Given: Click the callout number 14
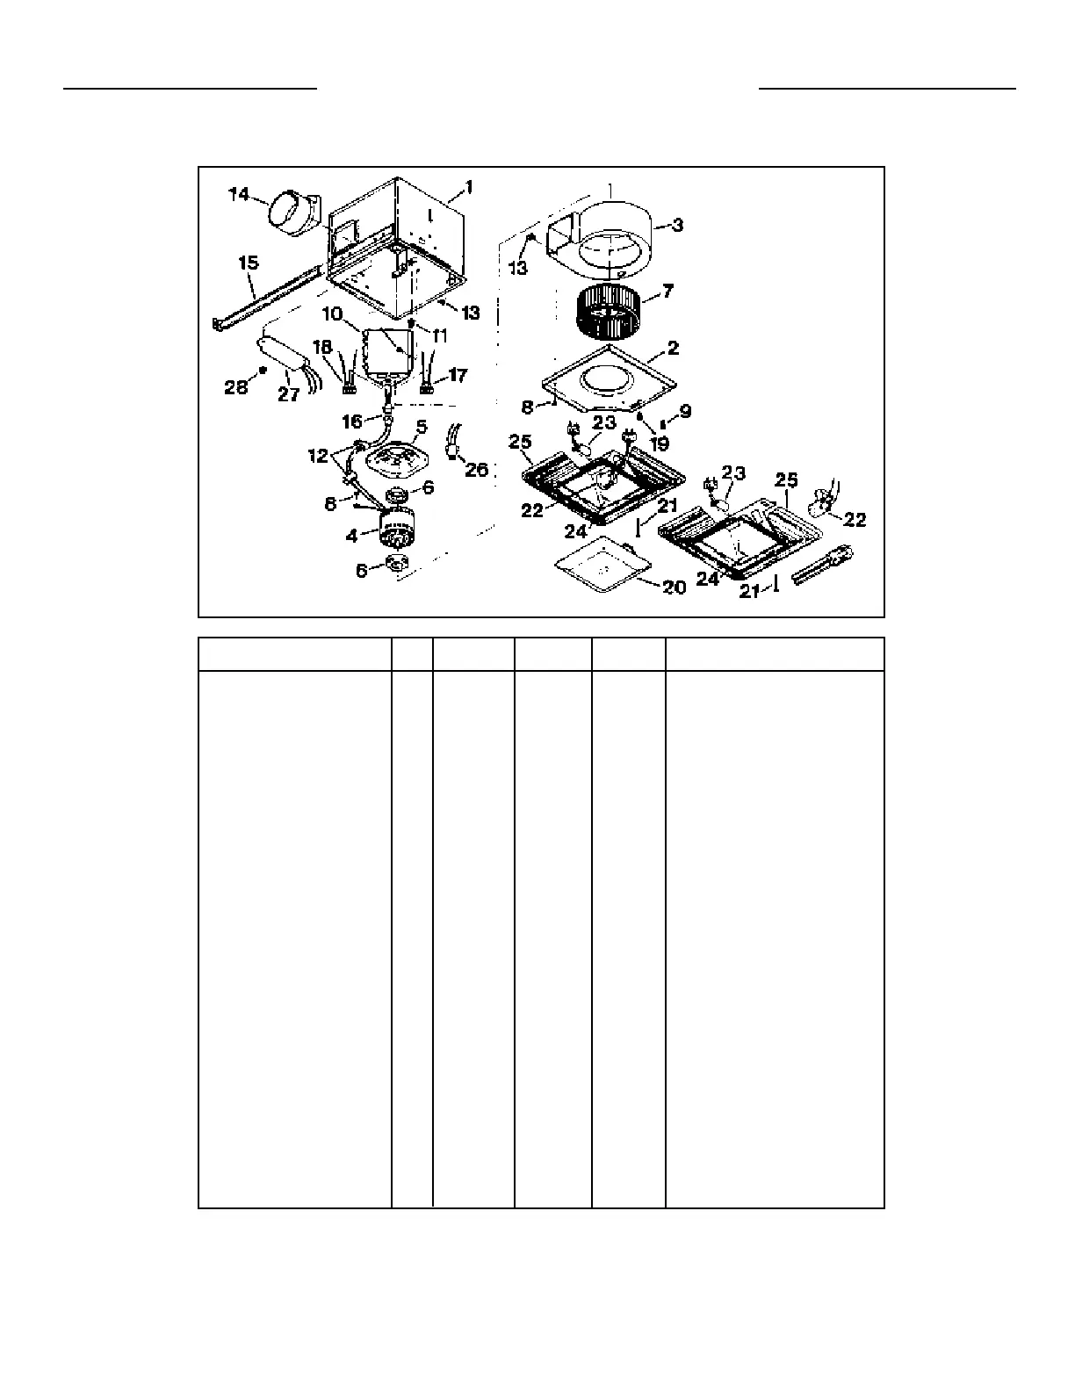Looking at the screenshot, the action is [239, 194].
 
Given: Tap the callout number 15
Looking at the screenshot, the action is [248, 263].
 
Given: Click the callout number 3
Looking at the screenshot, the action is [676, 225].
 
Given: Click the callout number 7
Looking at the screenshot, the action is [667, 291].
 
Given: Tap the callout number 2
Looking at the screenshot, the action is [673, 348].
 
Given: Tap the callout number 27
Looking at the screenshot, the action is [289, 394].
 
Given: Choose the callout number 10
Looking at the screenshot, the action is [331, 314].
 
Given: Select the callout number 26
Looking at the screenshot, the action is [476, 470].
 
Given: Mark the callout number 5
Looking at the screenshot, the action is [422, 426].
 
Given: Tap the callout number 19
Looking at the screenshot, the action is [659, 443].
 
